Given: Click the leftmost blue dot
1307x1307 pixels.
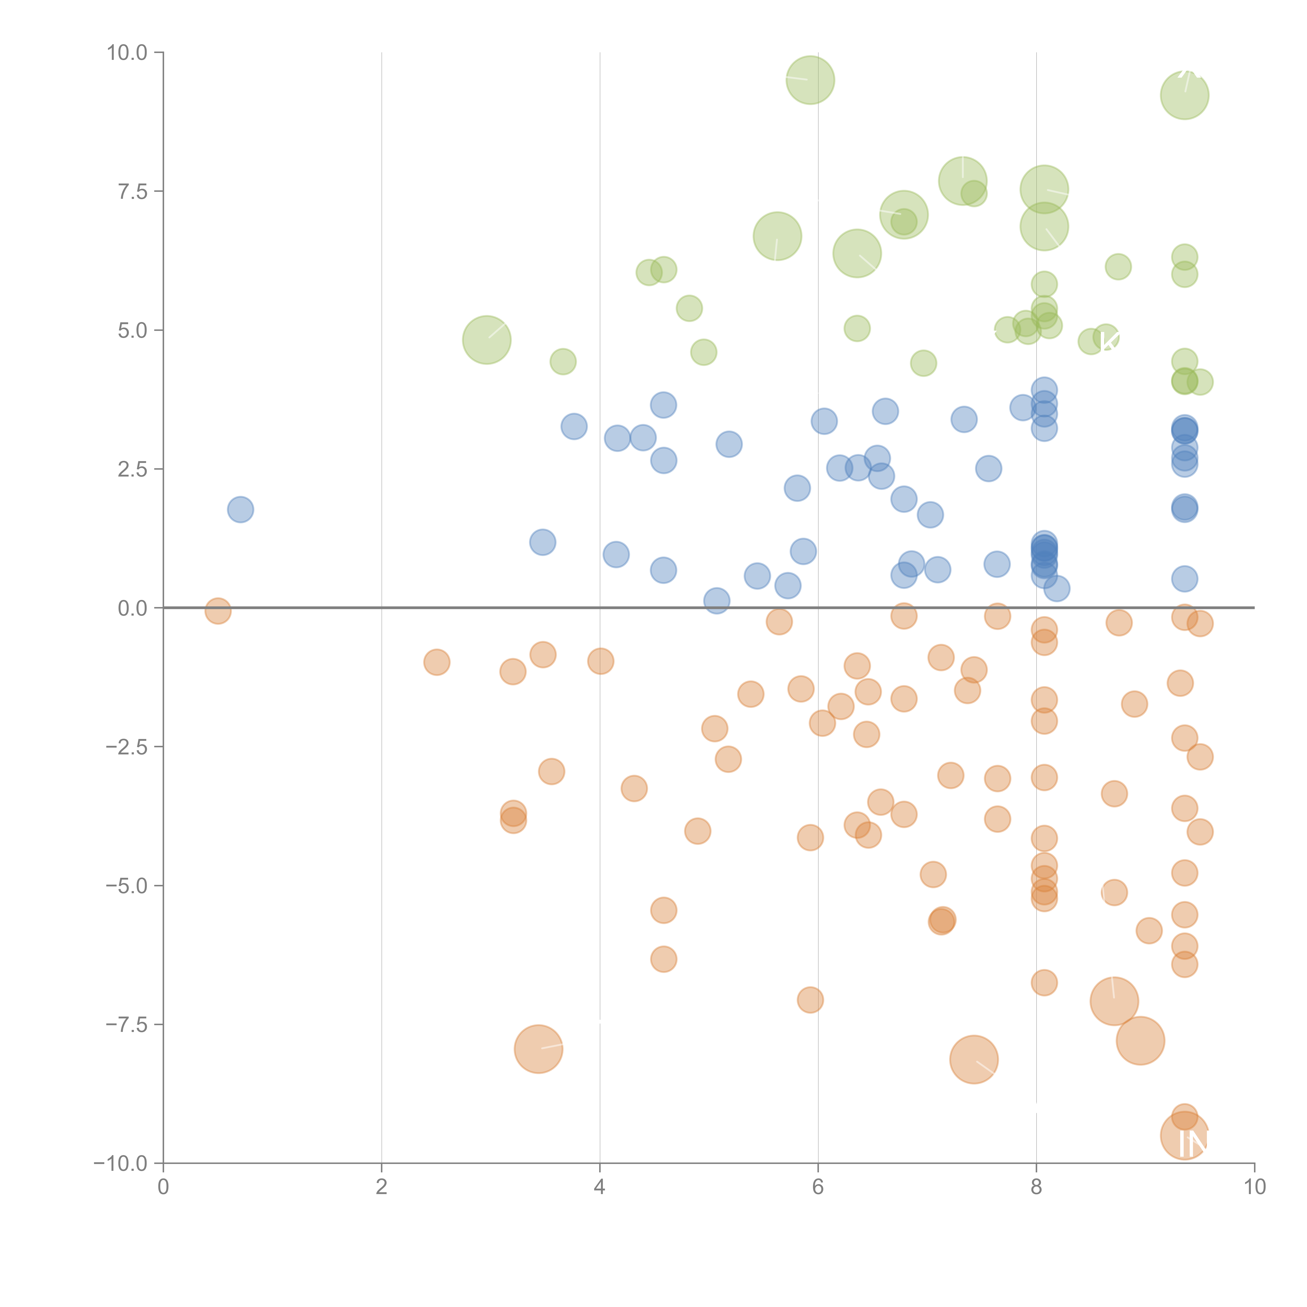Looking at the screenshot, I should pos(240,509).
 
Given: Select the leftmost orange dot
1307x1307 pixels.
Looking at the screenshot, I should pos(218,611).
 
